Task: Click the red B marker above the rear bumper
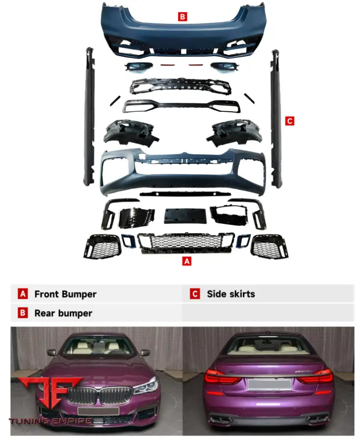182,17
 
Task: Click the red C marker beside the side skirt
289,121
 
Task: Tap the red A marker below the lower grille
186,261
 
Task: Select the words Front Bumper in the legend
65,294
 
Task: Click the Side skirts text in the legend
231,294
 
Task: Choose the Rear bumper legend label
63,313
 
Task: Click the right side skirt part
276,118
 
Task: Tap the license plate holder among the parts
185,216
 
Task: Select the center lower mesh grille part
186,242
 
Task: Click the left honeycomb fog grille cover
102,246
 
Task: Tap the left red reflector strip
166,64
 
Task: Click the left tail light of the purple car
220,377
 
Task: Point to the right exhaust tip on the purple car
317,419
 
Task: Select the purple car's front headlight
146,385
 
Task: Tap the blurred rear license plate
270,384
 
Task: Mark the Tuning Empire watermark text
51,421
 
